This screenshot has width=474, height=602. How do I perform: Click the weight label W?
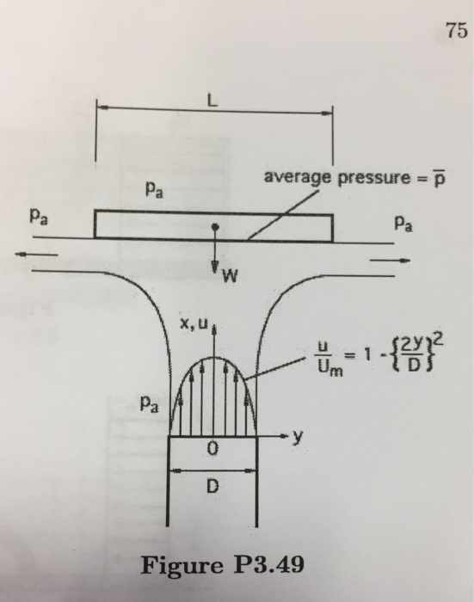click(227, 277)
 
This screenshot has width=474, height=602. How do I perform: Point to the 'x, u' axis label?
click(193, 324)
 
